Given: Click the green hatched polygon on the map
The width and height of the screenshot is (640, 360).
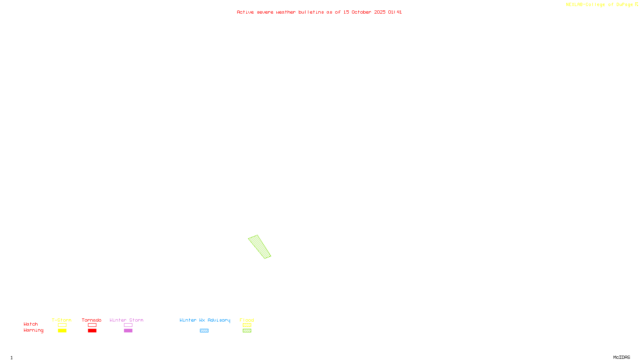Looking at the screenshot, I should (259, 246).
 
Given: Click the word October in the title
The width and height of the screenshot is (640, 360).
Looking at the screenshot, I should (361, 12).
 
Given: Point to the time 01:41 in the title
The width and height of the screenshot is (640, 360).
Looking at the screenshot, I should (395, 12).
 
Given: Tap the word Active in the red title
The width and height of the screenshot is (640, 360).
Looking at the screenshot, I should (245, 12).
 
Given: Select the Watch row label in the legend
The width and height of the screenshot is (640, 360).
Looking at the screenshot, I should (31, 324).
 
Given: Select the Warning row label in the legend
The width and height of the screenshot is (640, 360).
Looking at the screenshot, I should (34, 330).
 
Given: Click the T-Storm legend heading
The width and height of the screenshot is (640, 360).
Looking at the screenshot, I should (62, 320).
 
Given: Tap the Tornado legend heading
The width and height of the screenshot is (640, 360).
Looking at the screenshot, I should (92, 320).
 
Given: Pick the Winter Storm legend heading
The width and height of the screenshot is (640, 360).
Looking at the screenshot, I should (126, 320).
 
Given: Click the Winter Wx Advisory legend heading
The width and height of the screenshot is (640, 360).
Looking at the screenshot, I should (205, 320).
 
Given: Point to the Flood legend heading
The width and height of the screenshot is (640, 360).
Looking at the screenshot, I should (247, 320).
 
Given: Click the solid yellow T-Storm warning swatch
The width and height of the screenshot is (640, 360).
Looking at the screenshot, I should (62, 331).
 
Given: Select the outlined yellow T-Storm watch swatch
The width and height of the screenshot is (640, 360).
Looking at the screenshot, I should (62, 325).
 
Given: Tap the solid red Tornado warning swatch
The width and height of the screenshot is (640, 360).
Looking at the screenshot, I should (92, 331).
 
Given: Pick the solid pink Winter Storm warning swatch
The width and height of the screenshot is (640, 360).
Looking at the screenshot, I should (128, 331).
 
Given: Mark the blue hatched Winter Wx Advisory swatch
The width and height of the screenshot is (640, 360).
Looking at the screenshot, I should (204, 331).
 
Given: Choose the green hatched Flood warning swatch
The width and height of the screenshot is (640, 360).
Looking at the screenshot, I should (247, 331).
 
